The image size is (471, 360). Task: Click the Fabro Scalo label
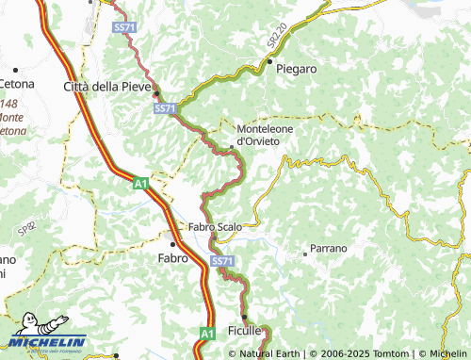click(216, 227)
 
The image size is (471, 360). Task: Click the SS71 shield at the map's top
click(123, 28)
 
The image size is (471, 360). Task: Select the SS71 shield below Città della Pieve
click(164, 109)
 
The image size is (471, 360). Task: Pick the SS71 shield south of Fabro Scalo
click(221, 260)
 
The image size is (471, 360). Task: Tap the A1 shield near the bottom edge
click(206, 333)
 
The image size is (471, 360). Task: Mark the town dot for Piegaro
click(268, 62)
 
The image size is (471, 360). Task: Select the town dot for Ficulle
click(244, 318)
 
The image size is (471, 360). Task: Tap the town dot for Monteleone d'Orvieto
click(233, 147)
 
